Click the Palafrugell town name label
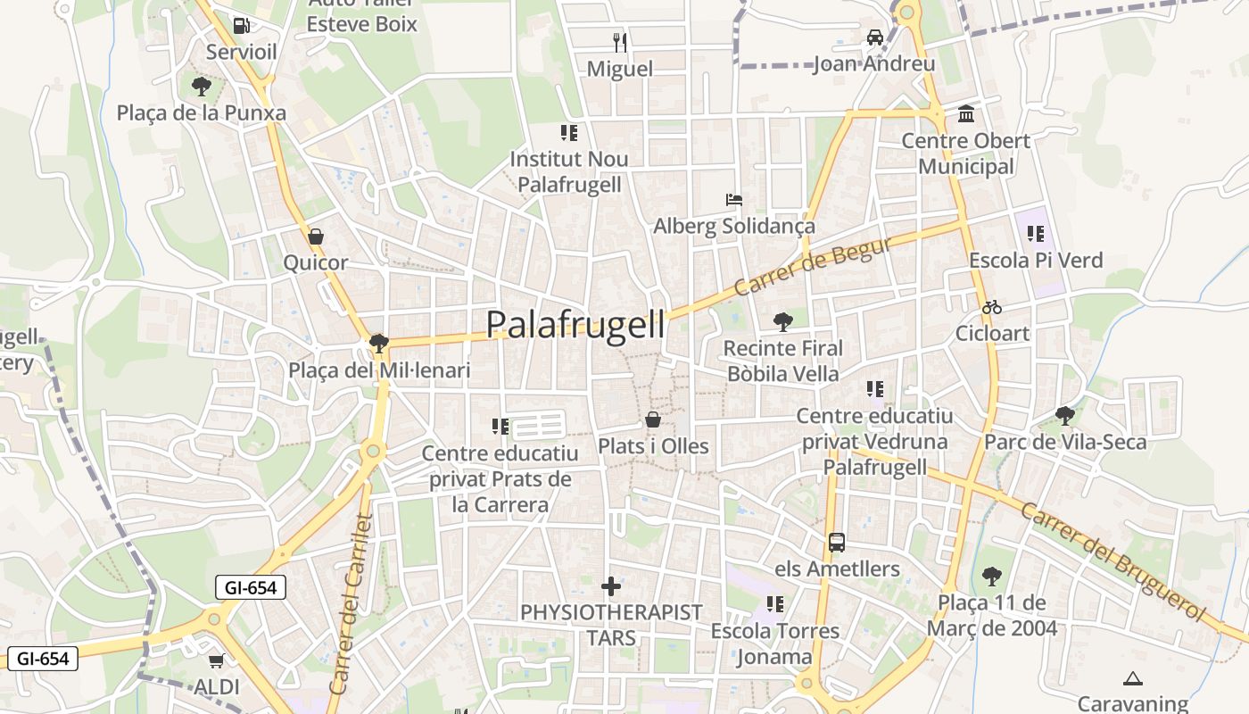click(x=575, y=325)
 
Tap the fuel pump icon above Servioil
click(x=241, y=26)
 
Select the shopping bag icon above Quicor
click(x=315, y=237)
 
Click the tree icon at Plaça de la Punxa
click(x=202, y=87)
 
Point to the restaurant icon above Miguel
click(x=620, y=41)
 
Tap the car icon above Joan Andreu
click(x=874, y=37)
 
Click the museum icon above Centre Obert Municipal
click(x=965, y=114)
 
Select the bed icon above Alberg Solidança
click(x=733, y=199)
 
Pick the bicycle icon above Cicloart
click(x=992, y=307)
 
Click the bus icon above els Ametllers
click(x=837, y=542)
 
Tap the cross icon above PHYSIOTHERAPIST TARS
click(x=611, y=586)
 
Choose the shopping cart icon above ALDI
click(x=216, y=660)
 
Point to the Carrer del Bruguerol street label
click(x=1112, y=562)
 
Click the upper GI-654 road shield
click(x=251, y=587)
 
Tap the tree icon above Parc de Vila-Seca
click(x=1064, y=415)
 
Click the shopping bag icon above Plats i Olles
click(x=653, y=419)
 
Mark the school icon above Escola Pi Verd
click(x=1035, y=234)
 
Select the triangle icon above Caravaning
click(x=1133, y=678)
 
